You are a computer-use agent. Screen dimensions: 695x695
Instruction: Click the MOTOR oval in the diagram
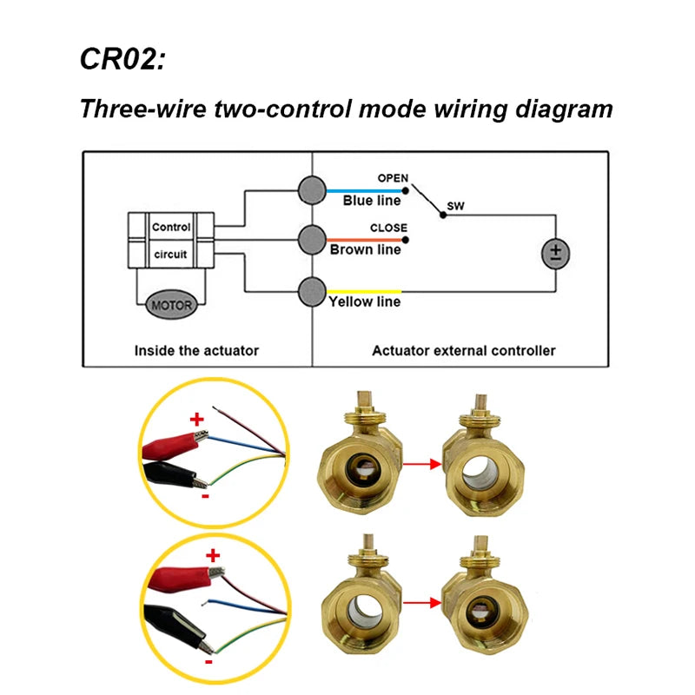172,304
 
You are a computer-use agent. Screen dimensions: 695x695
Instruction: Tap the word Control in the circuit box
171,228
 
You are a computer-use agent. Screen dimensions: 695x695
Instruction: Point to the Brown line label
365,250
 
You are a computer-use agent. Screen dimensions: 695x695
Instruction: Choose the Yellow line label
364,302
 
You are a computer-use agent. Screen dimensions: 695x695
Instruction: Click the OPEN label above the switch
392,178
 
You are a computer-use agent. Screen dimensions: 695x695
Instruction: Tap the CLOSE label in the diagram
388,228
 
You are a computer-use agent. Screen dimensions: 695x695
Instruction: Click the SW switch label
455,208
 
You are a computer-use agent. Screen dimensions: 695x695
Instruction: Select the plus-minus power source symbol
554,253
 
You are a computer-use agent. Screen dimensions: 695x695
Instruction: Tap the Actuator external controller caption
463,351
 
